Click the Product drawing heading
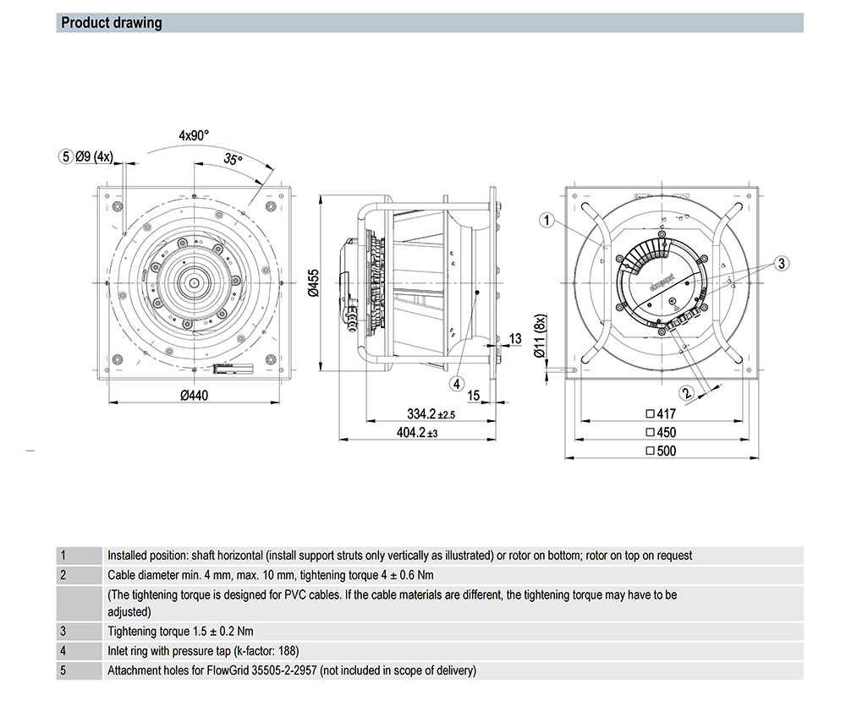(x=112, y=23)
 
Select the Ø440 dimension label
(x=194, y=395)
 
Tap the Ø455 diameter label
(x=313, y=282)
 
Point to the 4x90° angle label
(x=194, y=134)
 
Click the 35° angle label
(x=233, y=160)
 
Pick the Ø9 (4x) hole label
(x=94, y=156)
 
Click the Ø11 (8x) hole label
(x=539, y=337)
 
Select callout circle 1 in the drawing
(x=547, y=221)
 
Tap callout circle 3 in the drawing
(x=782, y=264)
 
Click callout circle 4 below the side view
(x=457, y=383)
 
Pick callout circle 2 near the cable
(x=687, y=392)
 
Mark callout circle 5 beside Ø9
(x=65, y=156)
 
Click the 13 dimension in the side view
(x=515, y=339)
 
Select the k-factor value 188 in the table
(x=287, y=651)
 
